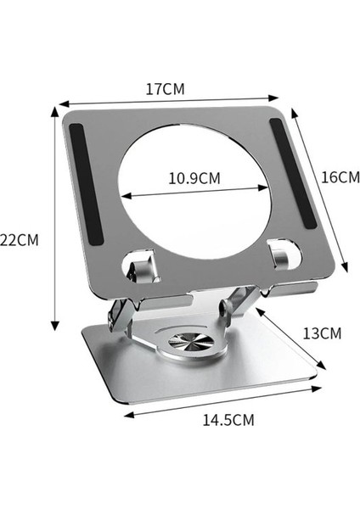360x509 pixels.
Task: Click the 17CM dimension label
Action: tap(165, 89)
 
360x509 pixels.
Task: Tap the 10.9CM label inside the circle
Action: tap(194, 178)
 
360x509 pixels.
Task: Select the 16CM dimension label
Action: tap(340, 177)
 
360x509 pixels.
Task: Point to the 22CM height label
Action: tap(20, 240)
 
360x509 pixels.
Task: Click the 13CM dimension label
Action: tap(322, 333)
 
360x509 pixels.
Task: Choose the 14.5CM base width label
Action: tap(228, 420)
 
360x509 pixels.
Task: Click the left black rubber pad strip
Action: tap(86, 184)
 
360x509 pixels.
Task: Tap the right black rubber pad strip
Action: tap(294, 174)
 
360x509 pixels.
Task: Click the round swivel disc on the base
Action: tap(191, 342)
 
